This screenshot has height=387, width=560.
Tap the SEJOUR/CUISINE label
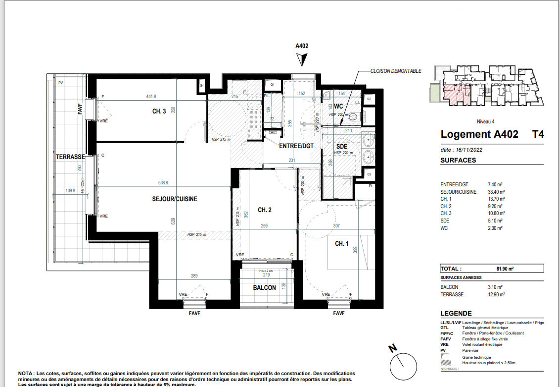(x=174, y=199)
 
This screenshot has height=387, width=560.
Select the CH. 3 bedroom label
(x=159, y=111)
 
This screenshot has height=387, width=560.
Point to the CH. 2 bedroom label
(x=265, y=210)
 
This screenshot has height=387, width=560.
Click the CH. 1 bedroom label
(x=341, y=243)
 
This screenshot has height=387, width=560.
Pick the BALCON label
(x=264, y=288)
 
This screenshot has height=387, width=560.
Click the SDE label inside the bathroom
(x=341, y=147)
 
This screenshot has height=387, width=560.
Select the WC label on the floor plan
(x=338, y=107)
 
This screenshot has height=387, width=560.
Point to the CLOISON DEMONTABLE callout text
(x=396, y=71)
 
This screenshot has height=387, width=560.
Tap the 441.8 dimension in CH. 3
(x=150, y=97)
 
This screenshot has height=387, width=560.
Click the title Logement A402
(x=479, y=134)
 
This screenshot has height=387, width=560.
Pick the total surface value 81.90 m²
(x=505, y=269)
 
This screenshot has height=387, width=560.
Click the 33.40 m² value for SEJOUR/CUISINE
(x=495, y=192)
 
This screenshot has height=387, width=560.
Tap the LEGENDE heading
(x=456, y=314)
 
